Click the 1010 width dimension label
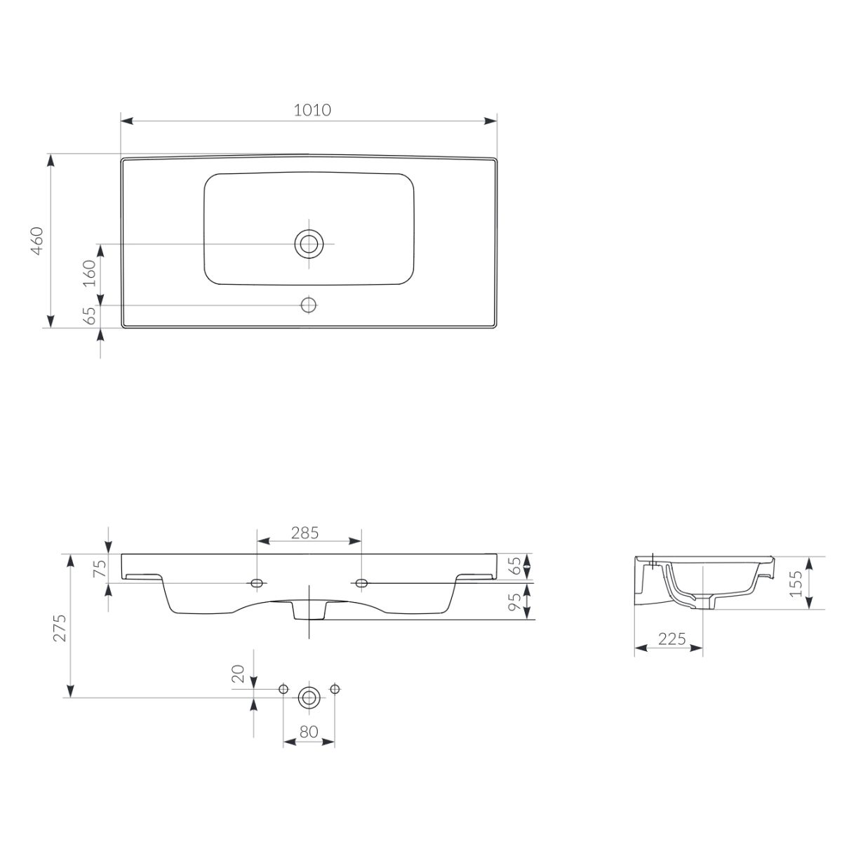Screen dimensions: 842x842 (x=312, y=110)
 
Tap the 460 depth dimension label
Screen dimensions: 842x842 (x=37, y=241)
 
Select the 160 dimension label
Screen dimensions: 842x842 (x=89, y=273)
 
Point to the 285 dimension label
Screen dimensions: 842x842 (x=305, y=533)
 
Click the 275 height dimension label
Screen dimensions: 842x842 (x=60, y=628)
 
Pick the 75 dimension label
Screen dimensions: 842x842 (x=100, y=568)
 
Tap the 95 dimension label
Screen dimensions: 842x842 (x=515, y=601)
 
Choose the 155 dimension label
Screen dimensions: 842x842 (x=796, y=583)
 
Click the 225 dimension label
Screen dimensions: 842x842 (x=672, y=639)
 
